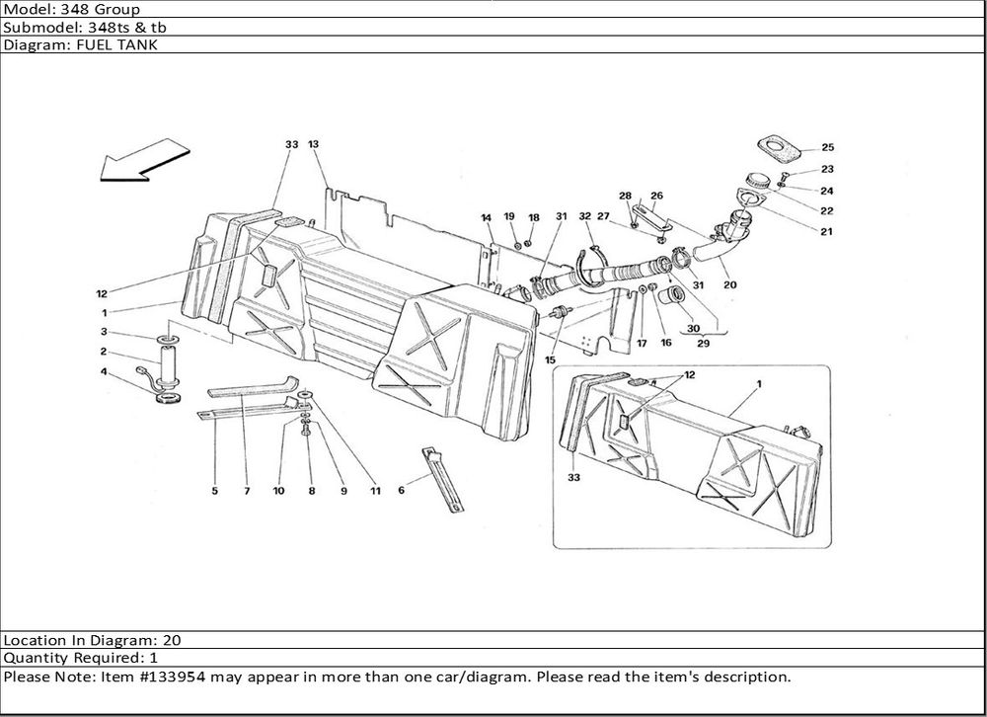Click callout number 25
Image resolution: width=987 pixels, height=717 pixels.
pos(827,148)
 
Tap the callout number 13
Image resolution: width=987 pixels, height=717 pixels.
pos(314,144)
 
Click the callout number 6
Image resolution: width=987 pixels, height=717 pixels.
pos(401,490)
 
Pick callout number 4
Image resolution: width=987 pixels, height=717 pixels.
pos(103,371)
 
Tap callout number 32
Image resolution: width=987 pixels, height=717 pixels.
pos(585,216)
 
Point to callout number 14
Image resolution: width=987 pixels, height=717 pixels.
pos(487,217)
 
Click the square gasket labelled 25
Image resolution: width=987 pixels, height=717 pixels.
pos(781,148)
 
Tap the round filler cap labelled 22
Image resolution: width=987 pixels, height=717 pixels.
pos(757,181)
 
